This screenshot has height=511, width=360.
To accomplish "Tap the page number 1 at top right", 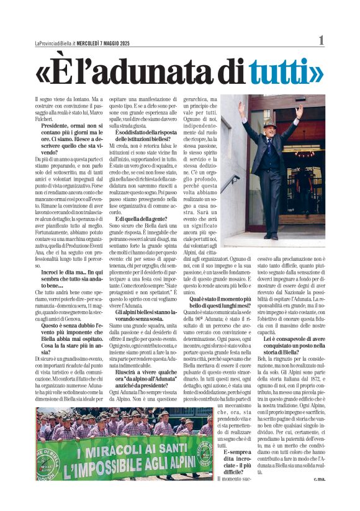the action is coord(321,40).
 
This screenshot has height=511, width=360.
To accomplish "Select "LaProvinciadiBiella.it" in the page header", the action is coord(55,43).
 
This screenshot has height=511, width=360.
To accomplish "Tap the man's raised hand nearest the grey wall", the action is coord(241,106).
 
